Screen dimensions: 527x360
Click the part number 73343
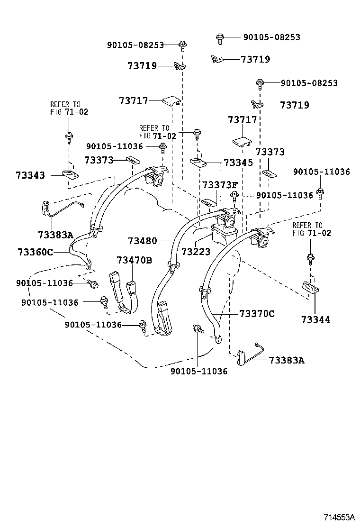tap(29, 175)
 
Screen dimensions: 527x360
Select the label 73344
tap(315, 320)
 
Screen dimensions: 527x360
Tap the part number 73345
tap(238, 163)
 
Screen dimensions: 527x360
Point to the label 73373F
tap(220, 185)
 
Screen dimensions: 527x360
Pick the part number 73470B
tap(135, 260)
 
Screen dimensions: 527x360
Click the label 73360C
tap(35, 252)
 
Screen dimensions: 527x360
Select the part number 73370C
tap(257, 313)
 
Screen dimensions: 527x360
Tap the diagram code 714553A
tap(339, 517)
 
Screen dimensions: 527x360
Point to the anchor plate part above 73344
tap(309, 287)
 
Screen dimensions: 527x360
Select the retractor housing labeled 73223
tap(225, 232)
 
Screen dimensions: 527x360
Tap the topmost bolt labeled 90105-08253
tap(220, 37)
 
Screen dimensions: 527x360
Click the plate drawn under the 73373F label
tap(208, 202)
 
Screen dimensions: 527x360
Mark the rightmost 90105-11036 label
tap(321, 172)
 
